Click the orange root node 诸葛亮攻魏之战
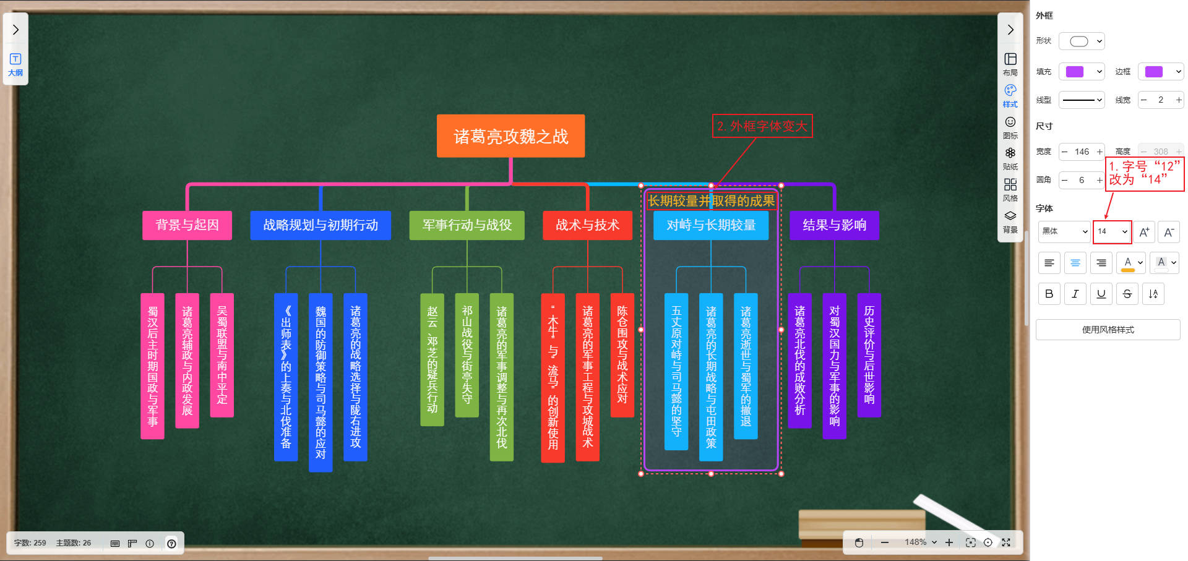510,136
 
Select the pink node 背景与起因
187,225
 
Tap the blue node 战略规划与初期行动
321,225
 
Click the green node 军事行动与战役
467,225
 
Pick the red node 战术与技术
587,225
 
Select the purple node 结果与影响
834,225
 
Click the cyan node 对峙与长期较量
711,225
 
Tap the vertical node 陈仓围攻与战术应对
622,355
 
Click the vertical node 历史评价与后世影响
869,355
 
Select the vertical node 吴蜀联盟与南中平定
222,355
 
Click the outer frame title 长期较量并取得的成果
711,200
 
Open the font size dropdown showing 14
1112,231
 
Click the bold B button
1049,294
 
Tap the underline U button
1101,294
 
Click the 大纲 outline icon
15,64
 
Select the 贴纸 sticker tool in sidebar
1010,158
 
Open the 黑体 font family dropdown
1064,231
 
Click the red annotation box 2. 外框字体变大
762,126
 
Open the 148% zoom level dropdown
921,542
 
